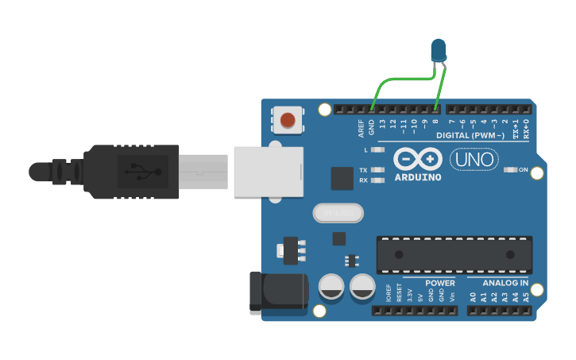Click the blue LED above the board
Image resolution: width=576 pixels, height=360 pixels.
click(x=438, y=50)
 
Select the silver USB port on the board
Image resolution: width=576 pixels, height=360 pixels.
click(x=269, y=171)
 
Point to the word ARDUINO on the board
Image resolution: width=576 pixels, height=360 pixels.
click(x=418, y=176)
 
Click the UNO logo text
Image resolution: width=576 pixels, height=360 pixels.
click(x=474, y=160)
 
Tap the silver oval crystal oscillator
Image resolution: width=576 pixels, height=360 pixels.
click(x=338, y=213)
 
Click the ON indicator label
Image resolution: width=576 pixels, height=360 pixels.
click(x=524, y=169)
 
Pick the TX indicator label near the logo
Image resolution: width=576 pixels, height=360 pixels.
click(x=363, y=170)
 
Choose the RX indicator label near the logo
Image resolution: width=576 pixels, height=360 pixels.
click(x=363, y=180)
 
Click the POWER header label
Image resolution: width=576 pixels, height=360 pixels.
click(x=440, y=283)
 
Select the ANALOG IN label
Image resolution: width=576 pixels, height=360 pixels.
click(x=506, y=283)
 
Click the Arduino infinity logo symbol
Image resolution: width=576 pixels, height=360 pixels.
click(x=418, y=159)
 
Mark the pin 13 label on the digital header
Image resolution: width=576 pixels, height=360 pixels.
click(x=382, y=125)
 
